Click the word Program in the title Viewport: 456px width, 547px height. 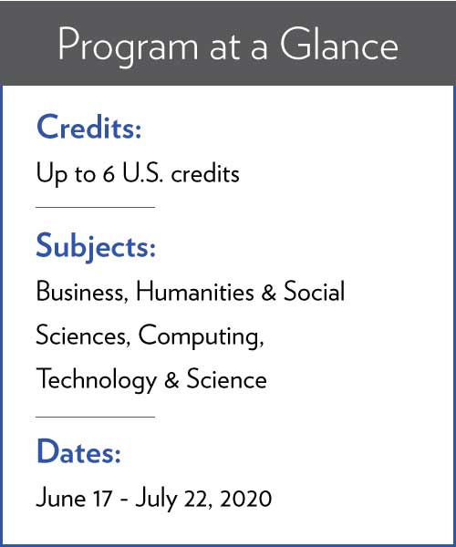[128, 47]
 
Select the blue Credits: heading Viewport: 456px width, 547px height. [89, 127]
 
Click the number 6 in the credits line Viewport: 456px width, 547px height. [109, 174]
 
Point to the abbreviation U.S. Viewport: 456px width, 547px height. [142, 173]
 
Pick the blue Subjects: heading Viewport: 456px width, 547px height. [96, 247]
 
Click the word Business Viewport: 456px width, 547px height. [82, 292]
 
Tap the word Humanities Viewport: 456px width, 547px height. [194, 291]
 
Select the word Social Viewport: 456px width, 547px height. [314, 291]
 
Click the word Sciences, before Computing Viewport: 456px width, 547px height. [83, 335]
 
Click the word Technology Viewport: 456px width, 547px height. [97, 380]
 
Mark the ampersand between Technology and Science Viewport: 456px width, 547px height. [171, 380]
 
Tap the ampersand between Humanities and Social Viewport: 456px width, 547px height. [269, 292]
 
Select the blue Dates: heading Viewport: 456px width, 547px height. [78, 451]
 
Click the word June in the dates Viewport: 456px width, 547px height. [61, 498]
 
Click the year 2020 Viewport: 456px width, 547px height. [246, 498]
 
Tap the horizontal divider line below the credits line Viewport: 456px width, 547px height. [95, 207]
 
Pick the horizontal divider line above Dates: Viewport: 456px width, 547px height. [95, 417]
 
